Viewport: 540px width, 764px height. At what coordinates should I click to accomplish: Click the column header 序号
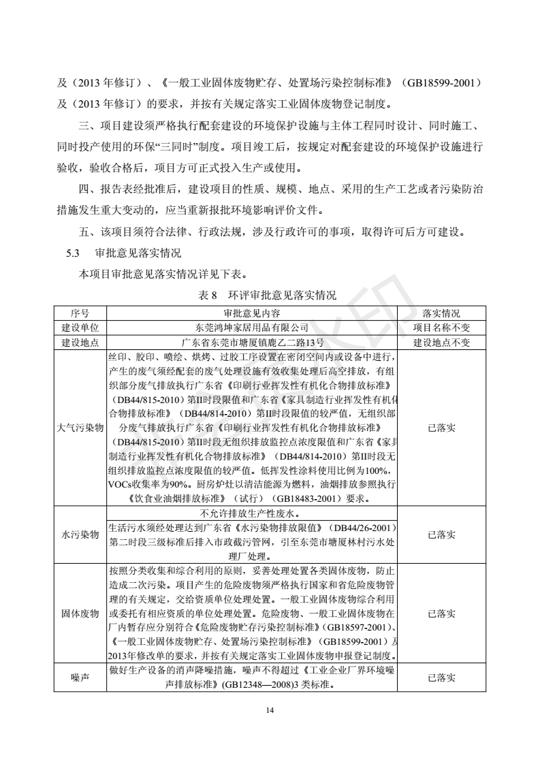[x=80, y=314]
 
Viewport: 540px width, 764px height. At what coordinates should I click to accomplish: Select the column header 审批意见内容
[x=252, y=314]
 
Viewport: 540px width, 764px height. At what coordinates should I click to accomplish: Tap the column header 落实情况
[x=441, y=314]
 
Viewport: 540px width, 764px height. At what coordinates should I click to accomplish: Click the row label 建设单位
[x=80, y=328]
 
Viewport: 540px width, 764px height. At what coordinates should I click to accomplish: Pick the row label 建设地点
[x=80, y=343]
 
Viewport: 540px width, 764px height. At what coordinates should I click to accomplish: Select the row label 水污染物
[x=80, y=535]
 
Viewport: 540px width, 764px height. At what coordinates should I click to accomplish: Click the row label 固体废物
[x=80, y=613]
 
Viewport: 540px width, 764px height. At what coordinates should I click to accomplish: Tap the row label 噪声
[x=80, y=678]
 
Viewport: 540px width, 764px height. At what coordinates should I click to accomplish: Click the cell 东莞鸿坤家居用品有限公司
[x=252, y=328]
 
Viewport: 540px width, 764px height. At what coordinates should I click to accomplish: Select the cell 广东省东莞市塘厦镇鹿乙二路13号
[x=252, y=343]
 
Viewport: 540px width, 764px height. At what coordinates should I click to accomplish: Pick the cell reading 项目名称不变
[x=441, y=328]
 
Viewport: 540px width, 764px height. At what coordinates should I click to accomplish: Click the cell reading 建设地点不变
[x=441, y=343]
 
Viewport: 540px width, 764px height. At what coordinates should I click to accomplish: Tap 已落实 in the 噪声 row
[x=441, y=678]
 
